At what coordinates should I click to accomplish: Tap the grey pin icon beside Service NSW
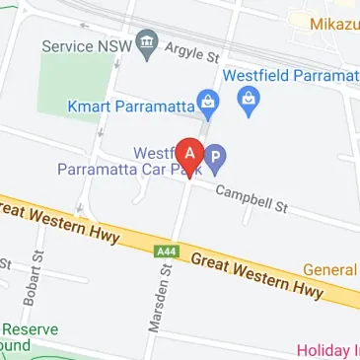point(147,42)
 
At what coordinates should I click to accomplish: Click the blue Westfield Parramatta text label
point(290,75)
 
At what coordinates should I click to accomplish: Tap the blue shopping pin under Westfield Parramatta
point(249,100)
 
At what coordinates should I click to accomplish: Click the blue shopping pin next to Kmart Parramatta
point(207,102)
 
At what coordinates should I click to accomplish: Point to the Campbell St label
point(252,198)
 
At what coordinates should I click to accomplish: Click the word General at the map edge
point(330,269)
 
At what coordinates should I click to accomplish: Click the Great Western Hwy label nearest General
point(257,275)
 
